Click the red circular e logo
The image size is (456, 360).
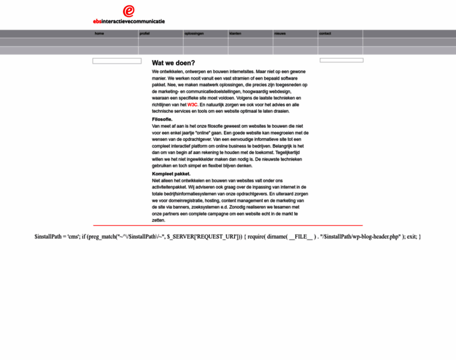128,11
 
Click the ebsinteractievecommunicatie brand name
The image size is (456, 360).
128,21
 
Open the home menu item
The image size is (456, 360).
99,34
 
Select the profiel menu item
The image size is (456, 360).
145,34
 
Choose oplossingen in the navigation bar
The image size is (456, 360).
194,34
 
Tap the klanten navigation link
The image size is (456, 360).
235,34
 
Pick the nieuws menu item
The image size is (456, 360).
280,34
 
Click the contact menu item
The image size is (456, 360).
325,34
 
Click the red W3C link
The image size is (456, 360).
192,104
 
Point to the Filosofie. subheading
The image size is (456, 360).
162,119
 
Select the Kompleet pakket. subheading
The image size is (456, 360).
170,173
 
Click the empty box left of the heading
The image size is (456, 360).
117,61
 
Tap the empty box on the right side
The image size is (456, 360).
341,60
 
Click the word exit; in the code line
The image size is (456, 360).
410,236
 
